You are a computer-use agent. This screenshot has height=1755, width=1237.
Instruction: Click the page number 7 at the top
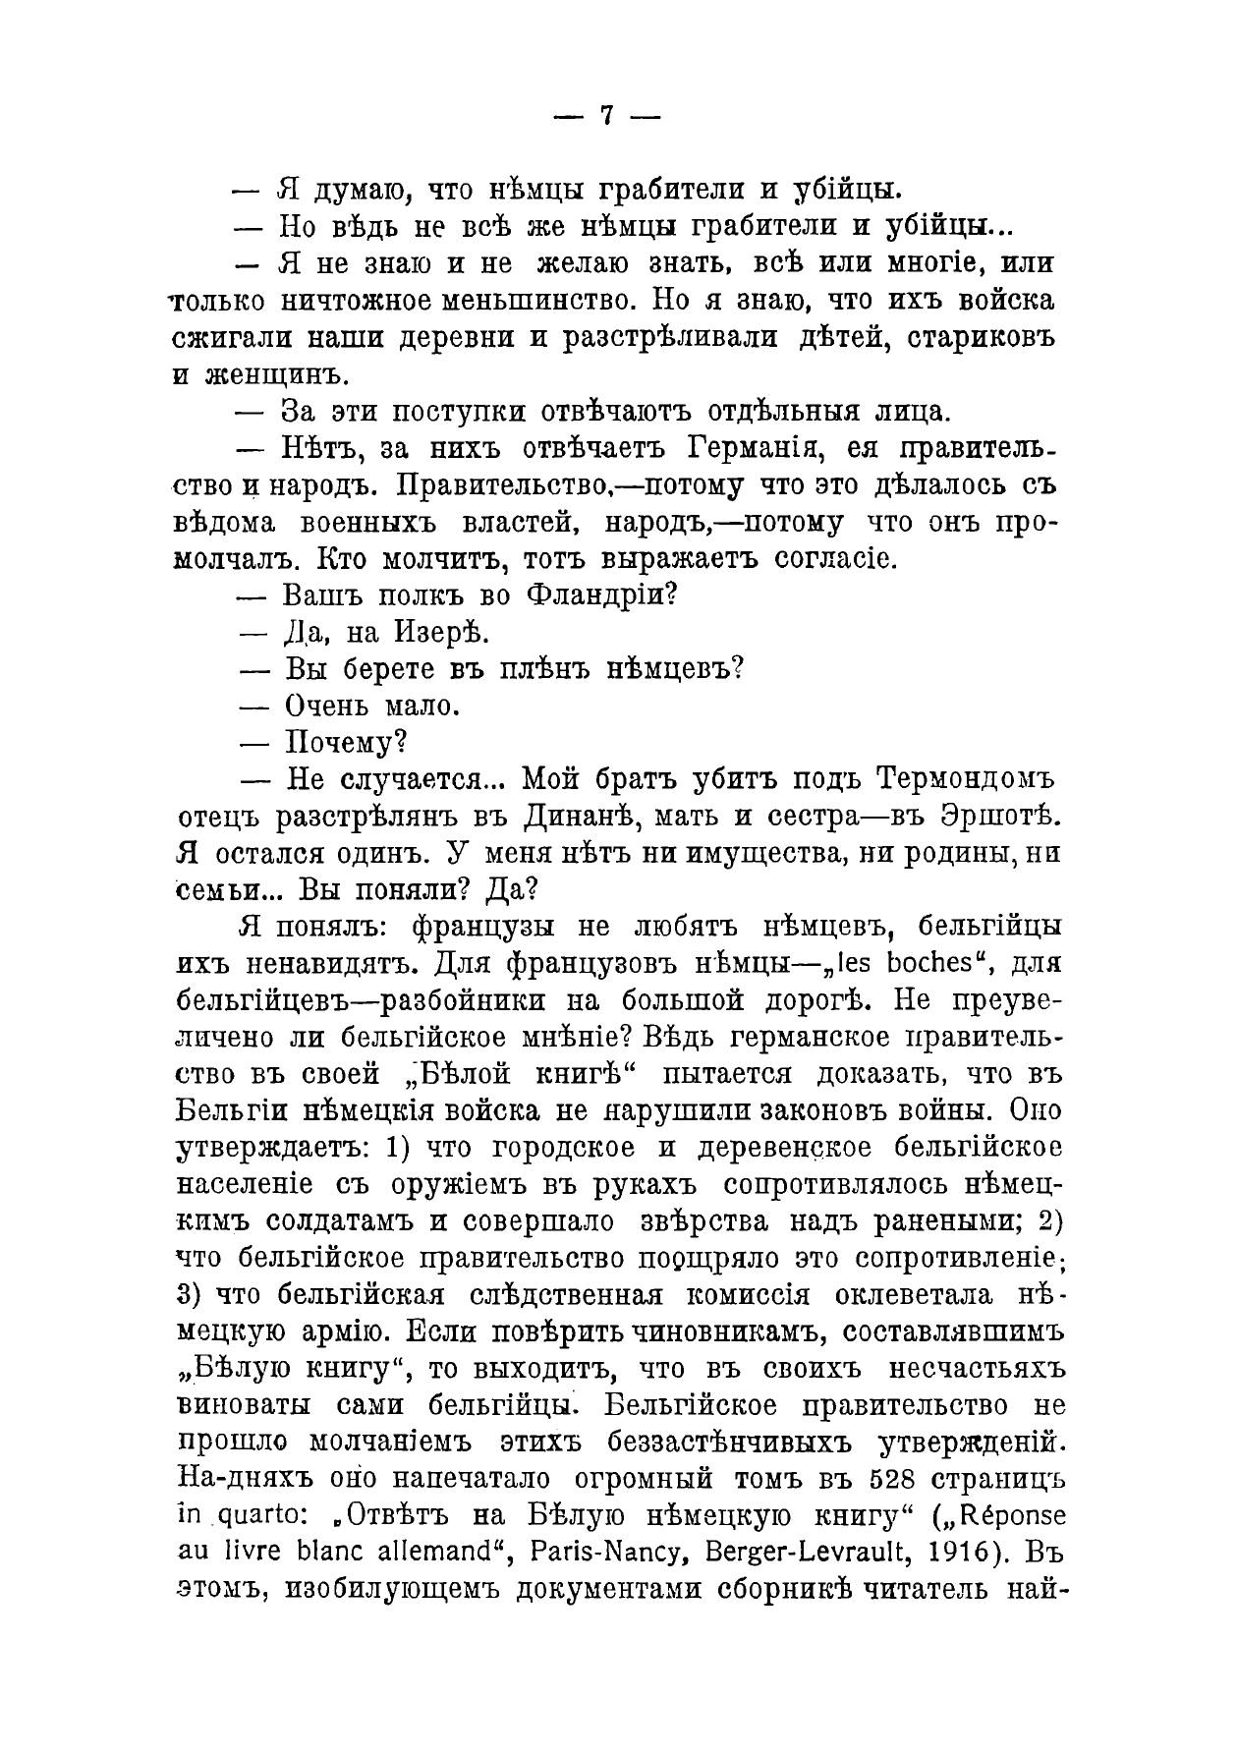click(607, 116)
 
